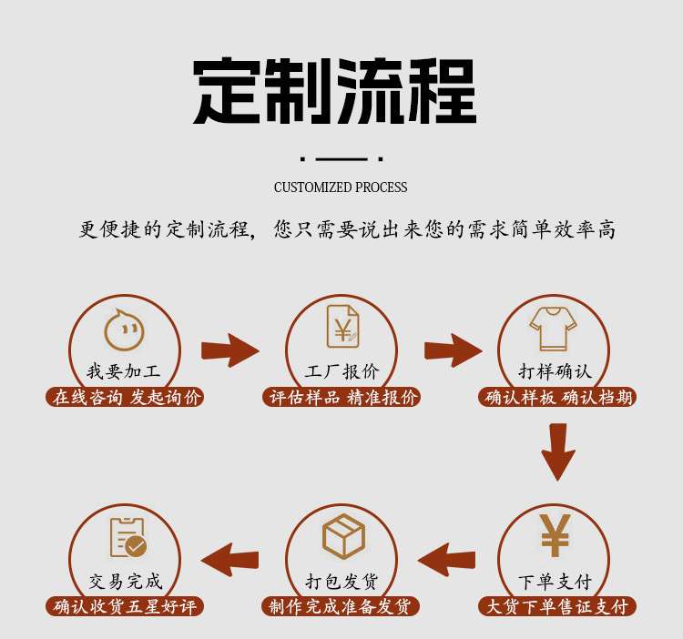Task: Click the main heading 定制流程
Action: [334, 92]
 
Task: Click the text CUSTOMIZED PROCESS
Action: [341, 188]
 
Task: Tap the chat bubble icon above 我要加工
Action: [125, 330]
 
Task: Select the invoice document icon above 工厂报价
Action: [342, 326]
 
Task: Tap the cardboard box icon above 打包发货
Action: [343, 536]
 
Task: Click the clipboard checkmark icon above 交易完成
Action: [127, 537]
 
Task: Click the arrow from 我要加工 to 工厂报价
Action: [229, 350]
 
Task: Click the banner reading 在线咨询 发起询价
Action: [125, 397]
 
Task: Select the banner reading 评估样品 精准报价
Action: [342, 397]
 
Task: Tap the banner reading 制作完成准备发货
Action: [341, 606]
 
